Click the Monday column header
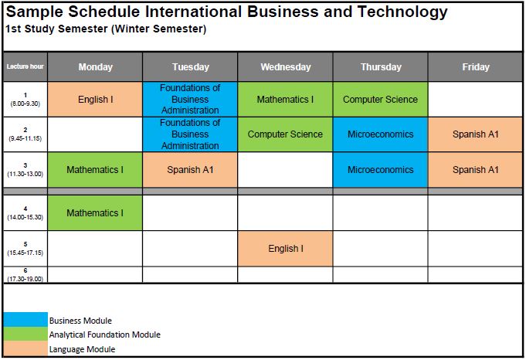(x=95, y=66)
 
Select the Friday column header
(x=475, y=66)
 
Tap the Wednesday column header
(x=286, y=66)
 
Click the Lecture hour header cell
(x=25, y=66)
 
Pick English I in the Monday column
(x=95, y=100)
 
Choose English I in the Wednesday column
(x=286, y=249)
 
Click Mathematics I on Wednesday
(x=286, y=100)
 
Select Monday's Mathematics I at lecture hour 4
(x=95, y=212)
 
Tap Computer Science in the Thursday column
(x=381, y=100)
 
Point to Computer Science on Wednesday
(x=286, y=134)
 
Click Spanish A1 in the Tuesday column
(x=190, y=170)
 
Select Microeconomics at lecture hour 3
(x=381, y=170)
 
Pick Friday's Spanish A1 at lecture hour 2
(x=475, y=134)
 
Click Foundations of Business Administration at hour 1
(x=190, y=100)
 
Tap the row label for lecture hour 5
(x=25, y=249)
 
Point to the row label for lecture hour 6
(x=25, y=275)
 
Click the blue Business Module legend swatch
(x=25, y=319)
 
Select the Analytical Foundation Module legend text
(x=105, y=335)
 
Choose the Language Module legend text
(x=82, y=350)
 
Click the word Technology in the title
(x=402, y=12)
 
